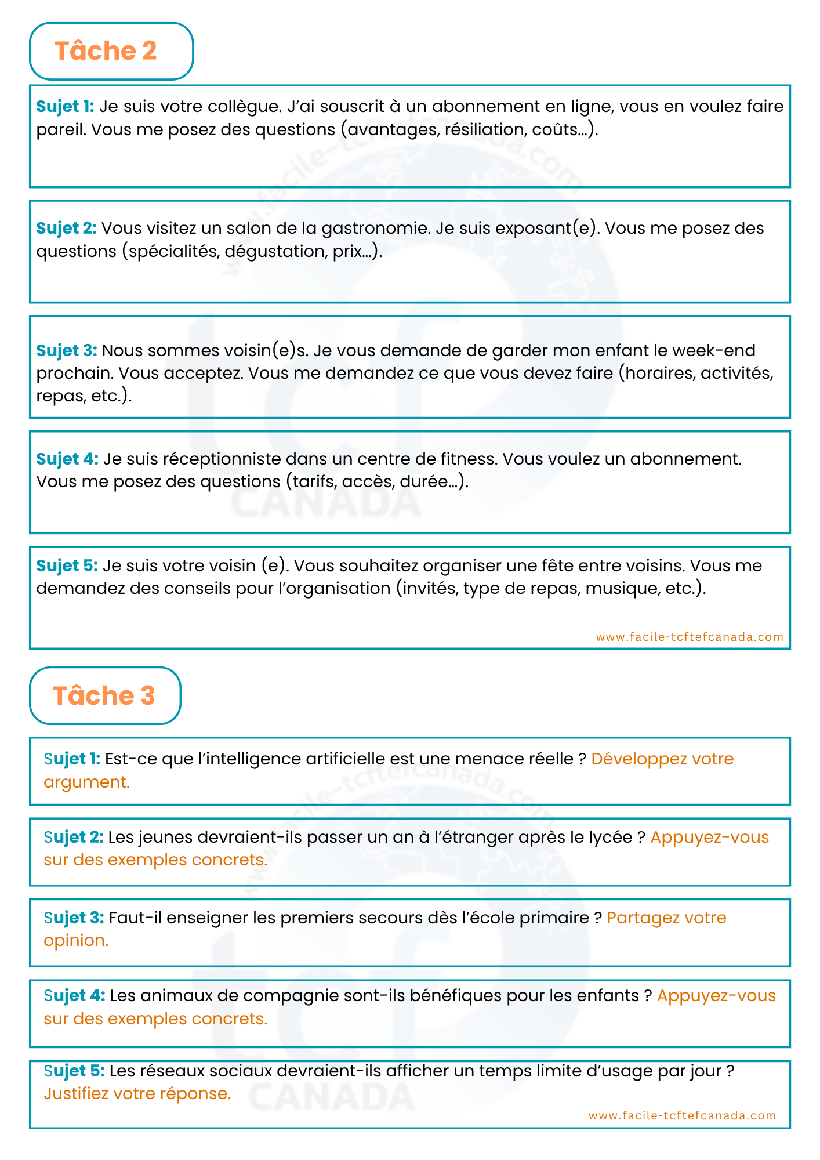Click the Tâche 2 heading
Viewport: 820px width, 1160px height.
(x=106, y=51)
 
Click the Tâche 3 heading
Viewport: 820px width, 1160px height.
(x=104, y=695)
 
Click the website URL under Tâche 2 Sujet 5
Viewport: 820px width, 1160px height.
(x=690, y=637)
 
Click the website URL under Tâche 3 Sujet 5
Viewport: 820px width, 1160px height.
(x=682, y=1115)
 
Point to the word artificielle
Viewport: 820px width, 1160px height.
(x=334, y=759)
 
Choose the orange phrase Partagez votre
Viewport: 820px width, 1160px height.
(x=666, y=918)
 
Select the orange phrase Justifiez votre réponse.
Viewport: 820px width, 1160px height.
(x=137, y=1094)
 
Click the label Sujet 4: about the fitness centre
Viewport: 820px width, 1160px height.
(x=67, y=459)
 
